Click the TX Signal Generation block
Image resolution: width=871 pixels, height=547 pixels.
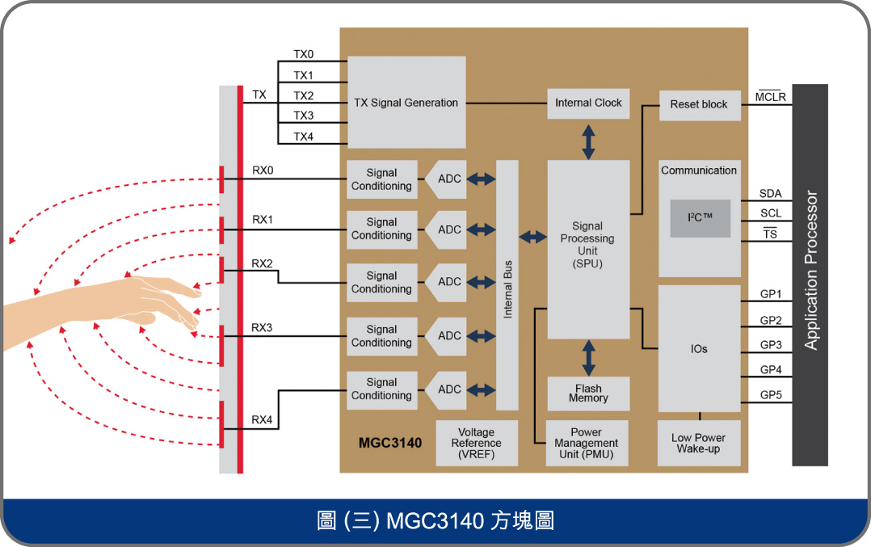pos(406,102)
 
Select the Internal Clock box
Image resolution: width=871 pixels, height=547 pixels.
pos(588,103)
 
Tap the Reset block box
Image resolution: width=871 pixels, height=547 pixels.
pos(699,104)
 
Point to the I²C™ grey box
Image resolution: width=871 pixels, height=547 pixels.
pos(700,218)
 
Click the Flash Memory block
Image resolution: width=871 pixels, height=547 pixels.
pos(588,393)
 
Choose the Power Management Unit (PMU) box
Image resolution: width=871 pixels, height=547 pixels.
pos(587,444)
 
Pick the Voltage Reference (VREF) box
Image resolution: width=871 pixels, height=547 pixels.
pos(476,444)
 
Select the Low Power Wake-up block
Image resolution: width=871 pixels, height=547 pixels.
pos(699,444)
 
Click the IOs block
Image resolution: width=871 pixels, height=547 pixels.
pos(699,348)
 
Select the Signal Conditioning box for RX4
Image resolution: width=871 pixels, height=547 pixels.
pos(381,389)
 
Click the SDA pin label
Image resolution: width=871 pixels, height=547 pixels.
pos(770,194)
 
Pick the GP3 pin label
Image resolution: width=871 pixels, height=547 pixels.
pos(771,345)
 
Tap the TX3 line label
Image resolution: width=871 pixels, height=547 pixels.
pos(303,116)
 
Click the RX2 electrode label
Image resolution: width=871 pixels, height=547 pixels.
pos(262,263)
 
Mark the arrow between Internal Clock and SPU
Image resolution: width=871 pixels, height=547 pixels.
pos(588,141)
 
